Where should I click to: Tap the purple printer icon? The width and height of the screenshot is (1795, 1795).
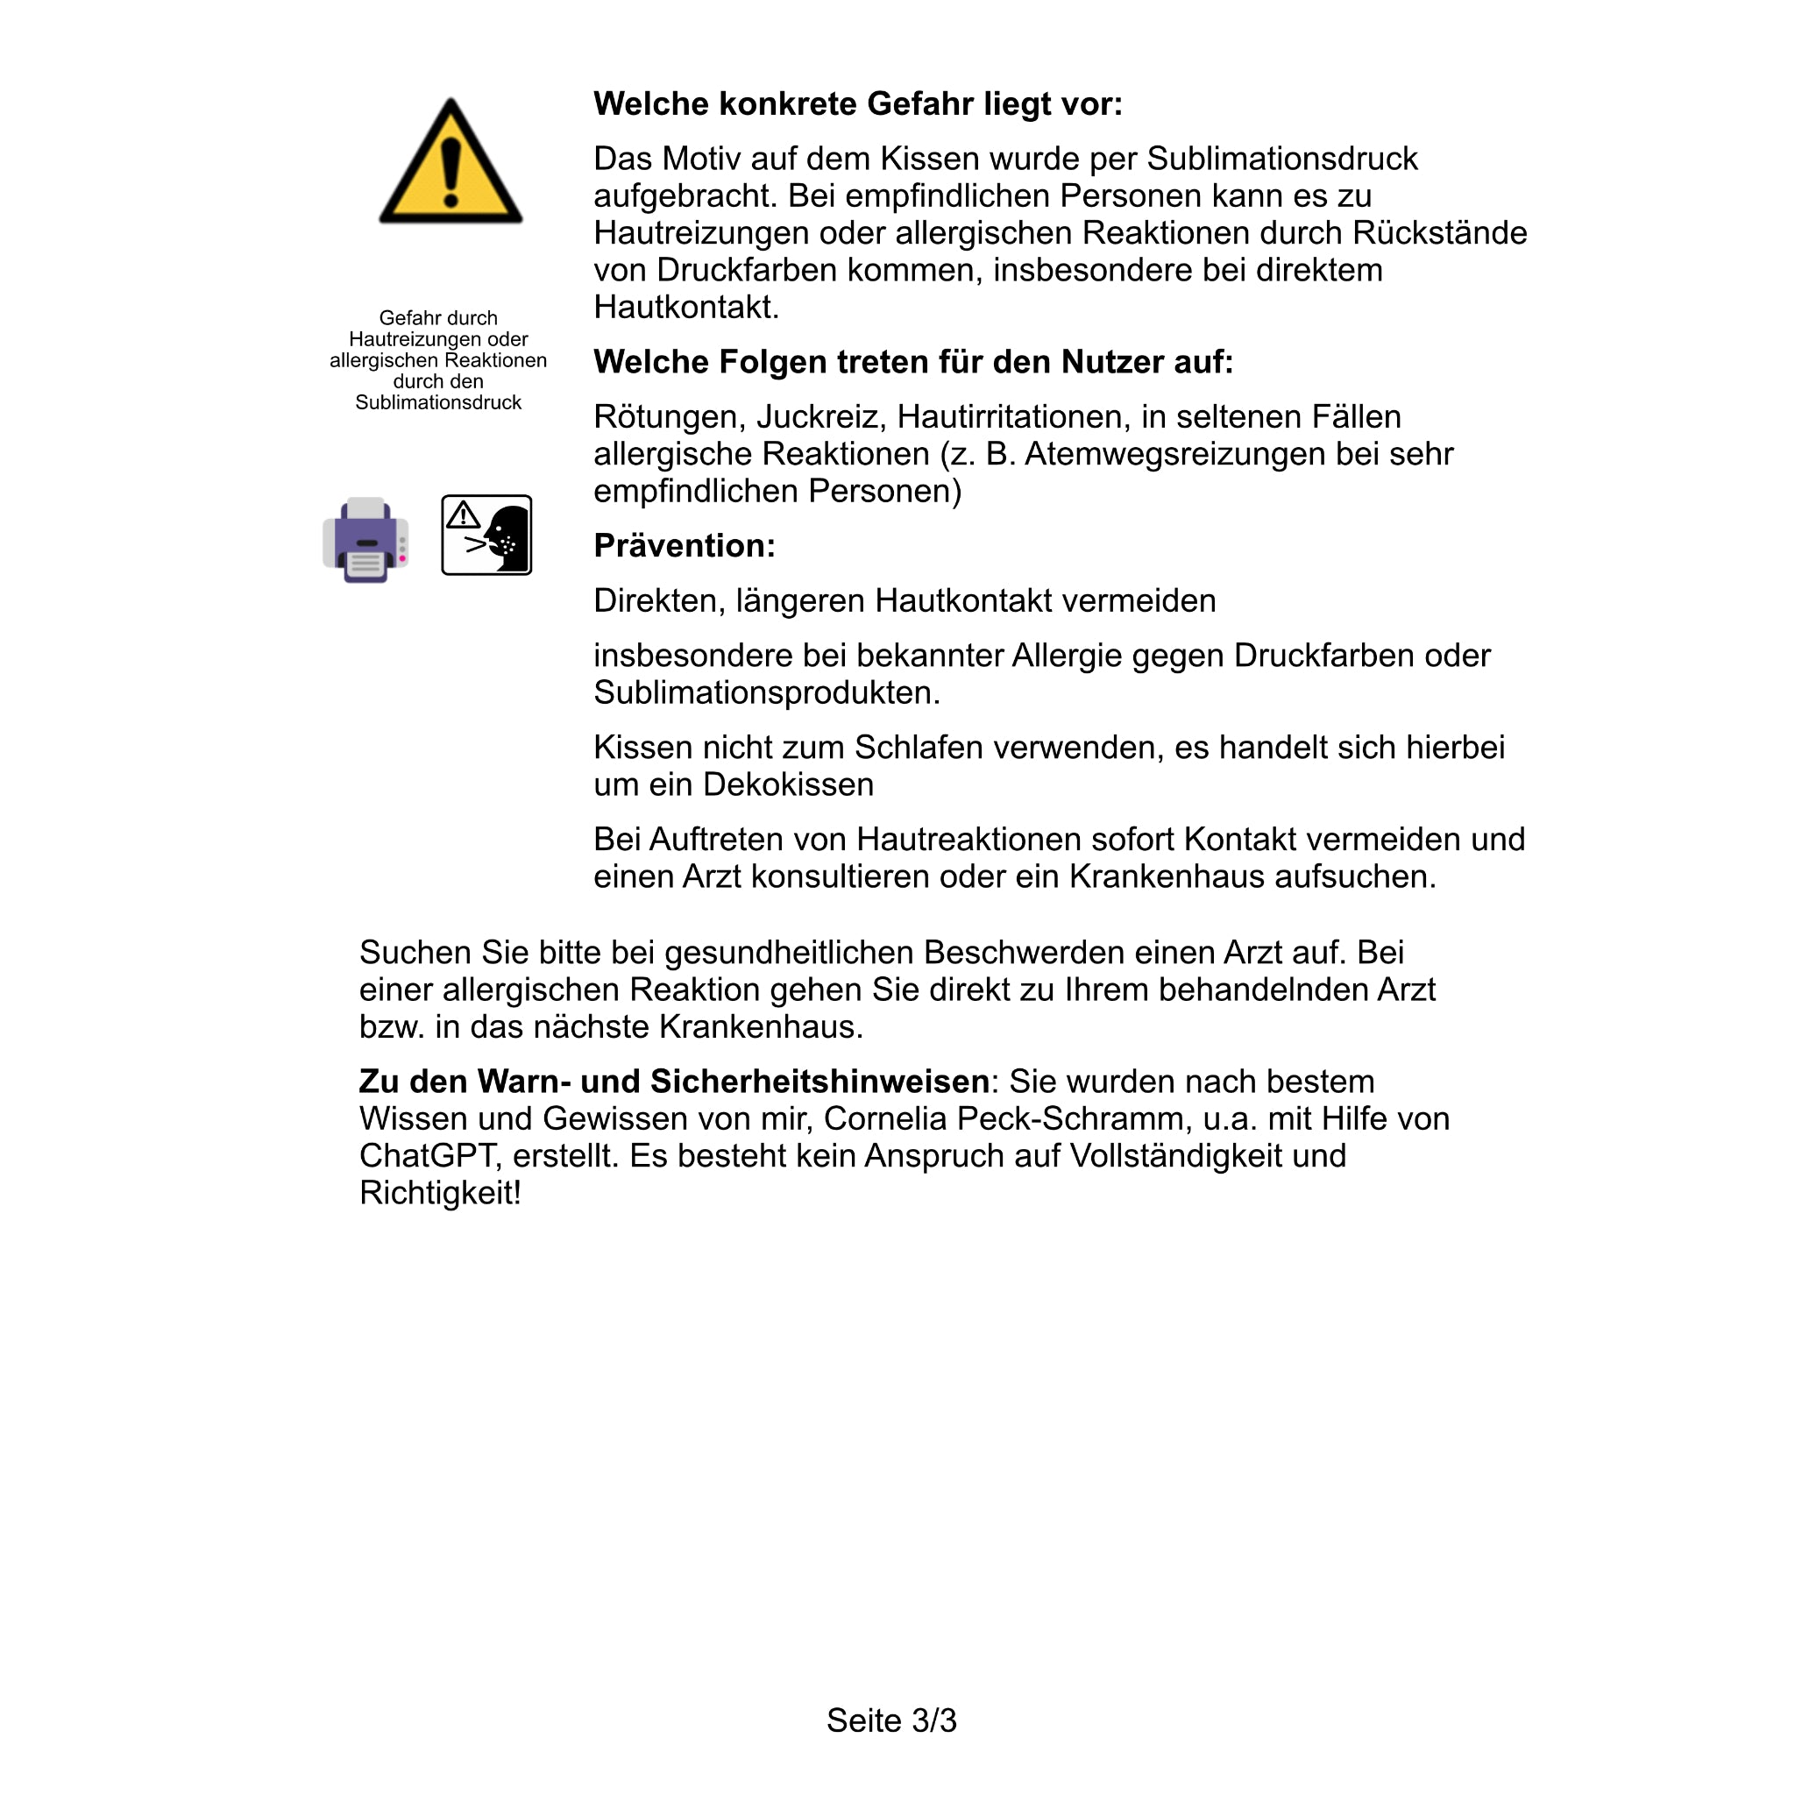point(365,540)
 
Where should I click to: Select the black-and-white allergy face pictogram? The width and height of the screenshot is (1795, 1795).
point(486,536)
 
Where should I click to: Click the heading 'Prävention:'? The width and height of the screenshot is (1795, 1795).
point(684,545)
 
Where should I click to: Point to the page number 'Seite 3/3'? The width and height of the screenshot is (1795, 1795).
point(891,1721)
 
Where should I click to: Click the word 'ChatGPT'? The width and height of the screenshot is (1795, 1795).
point(430,1156)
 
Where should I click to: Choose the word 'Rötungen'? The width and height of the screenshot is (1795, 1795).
point(669,416)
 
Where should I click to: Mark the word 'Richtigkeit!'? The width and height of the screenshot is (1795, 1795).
point(440,1193)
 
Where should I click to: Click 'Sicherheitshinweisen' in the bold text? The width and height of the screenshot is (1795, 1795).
point(819,1082)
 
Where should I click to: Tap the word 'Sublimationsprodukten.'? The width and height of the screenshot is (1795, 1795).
point(767,692)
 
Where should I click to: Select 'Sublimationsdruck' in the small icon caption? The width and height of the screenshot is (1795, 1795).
point(437,402)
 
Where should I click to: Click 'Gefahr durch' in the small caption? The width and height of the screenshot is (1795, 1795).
point(437,318)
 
